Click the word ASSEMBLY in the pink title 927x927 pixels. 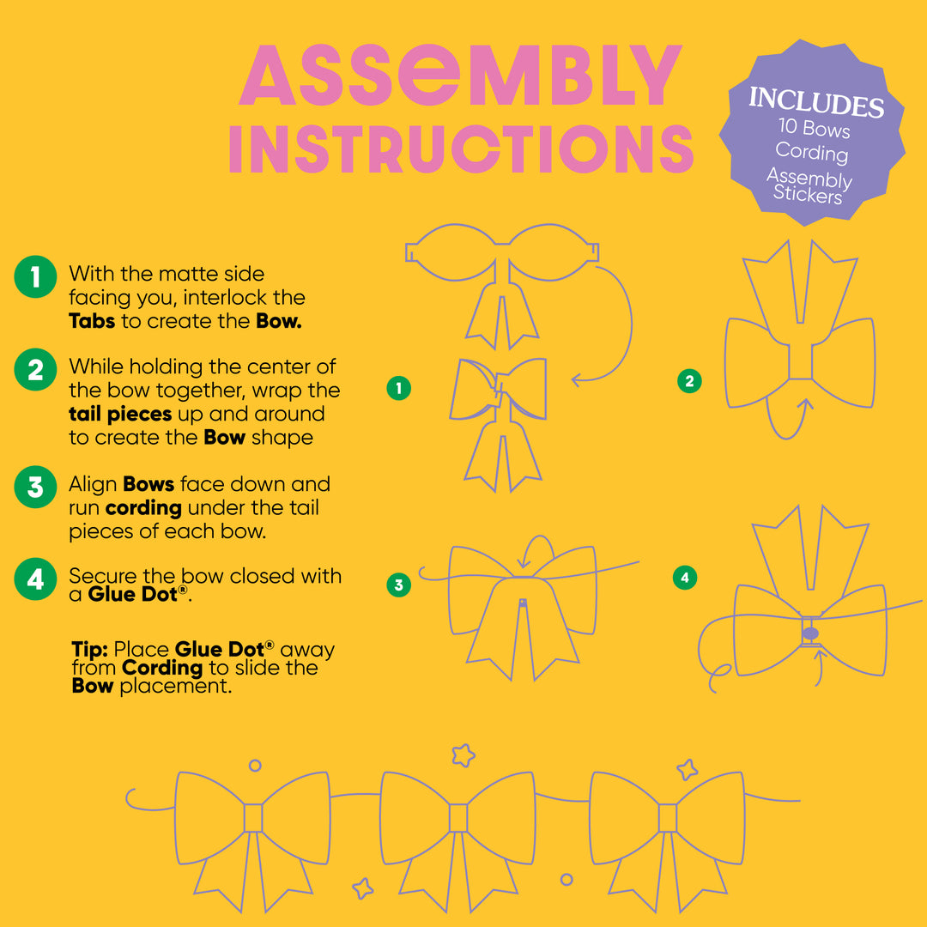461,75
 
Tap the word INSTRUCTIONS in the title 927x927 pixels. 461,149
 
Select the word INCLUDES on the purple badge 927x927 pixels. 816,102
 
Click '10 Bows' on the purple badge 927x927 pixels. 814,128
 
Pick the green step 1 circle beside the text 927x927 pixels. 35,276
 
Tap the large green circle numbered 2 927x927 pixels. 35,369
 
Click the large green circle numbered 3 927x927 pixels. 35,488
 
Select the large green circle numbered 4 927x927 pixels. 35,579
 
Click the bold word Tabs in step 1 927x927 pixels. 92,321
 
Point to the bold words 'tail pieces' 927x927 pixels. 120,414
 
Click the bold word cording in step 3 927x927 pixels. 143,508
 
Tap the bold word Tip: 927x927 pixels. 89,649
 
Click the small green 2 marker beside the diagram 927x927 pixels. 689,381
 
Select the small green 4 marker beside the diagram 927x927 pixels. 685,578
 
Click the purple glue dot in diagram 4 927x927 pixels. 810,633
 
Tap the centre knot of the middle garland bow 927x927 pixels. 458,818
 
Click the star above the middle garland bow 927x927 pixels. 463,755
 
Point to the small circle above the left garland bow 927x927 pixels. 255,766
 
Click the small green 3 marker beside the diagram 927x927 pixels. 398,585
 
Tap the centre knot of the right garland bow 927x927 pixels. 668,818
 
